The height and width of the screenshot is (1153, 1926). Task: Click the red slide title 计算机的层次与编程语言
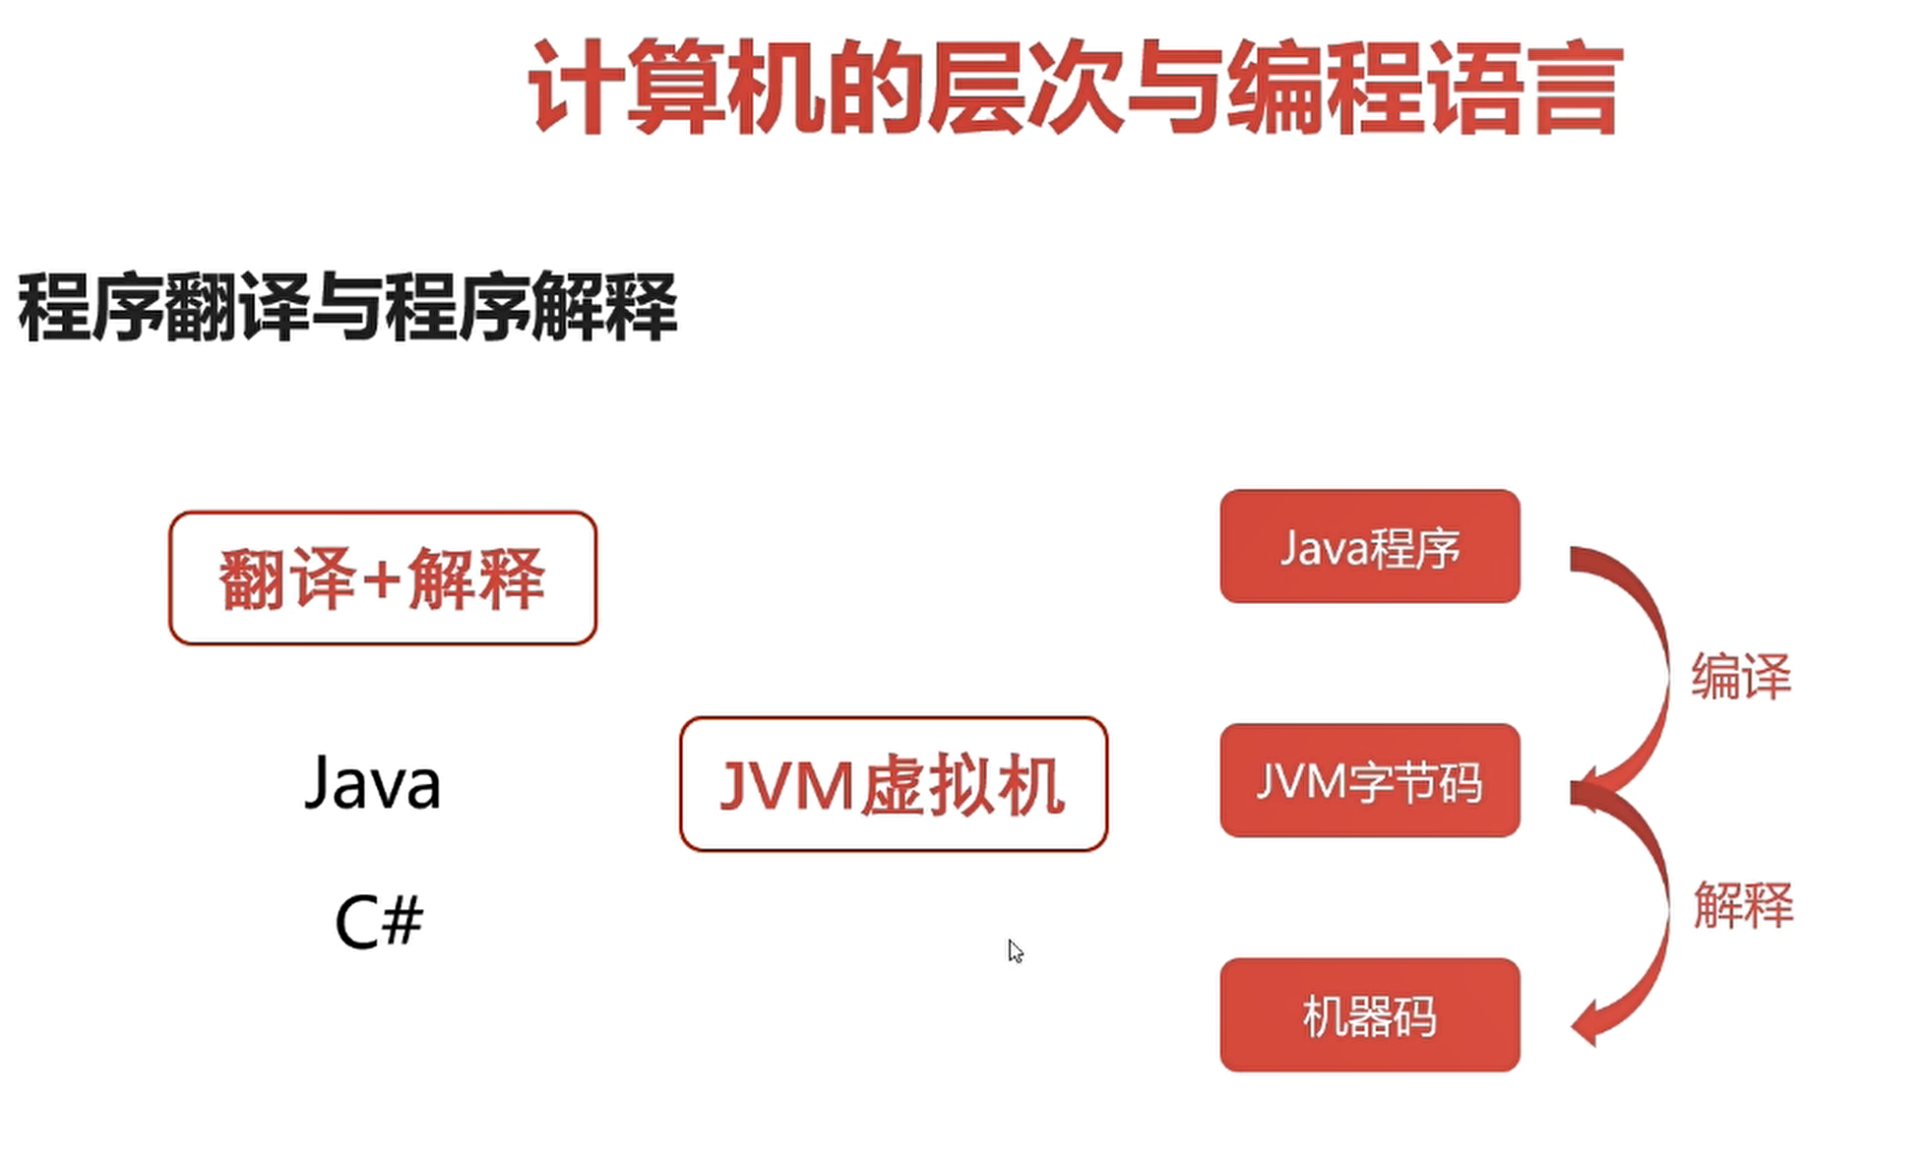click(1075, 89)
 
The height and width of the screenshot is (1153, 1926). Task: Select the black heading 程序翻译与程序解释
click(347, 307)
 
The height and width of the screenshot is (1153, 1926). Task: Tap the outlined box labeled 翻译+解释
click(383, 578)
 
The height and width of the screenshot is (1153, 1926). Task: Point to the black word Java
click(373, 784)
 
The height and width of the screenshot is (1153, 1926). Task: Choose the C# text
click(379, 922)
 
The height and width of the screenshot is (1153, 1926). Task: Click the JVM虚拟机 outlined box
click(893, 784)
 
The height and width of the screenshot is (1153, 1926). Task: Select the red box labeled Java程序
click(1369, 547)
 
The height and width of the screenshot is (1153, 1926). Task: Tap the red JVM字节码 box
click(1369, 781)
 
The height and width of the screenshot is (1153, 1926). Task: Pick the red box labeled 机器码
click(1369, 1015)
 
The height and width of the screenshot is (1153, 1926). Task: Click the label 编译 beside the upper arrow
click(1740, 677)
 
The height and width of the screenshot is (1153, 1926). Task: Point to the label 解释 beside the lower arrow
click(1742, 904)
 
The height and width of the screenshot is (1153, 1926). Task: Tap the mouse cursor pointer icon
click(1015, 950)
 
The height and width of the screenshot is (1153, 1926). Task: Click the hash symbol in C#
click(402, 922)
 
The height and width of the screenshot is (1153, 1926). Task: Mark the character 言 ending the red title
click(1573, 89)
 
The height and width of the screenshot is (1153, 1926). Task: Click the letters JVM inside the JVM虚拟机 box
click(785, 786)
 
